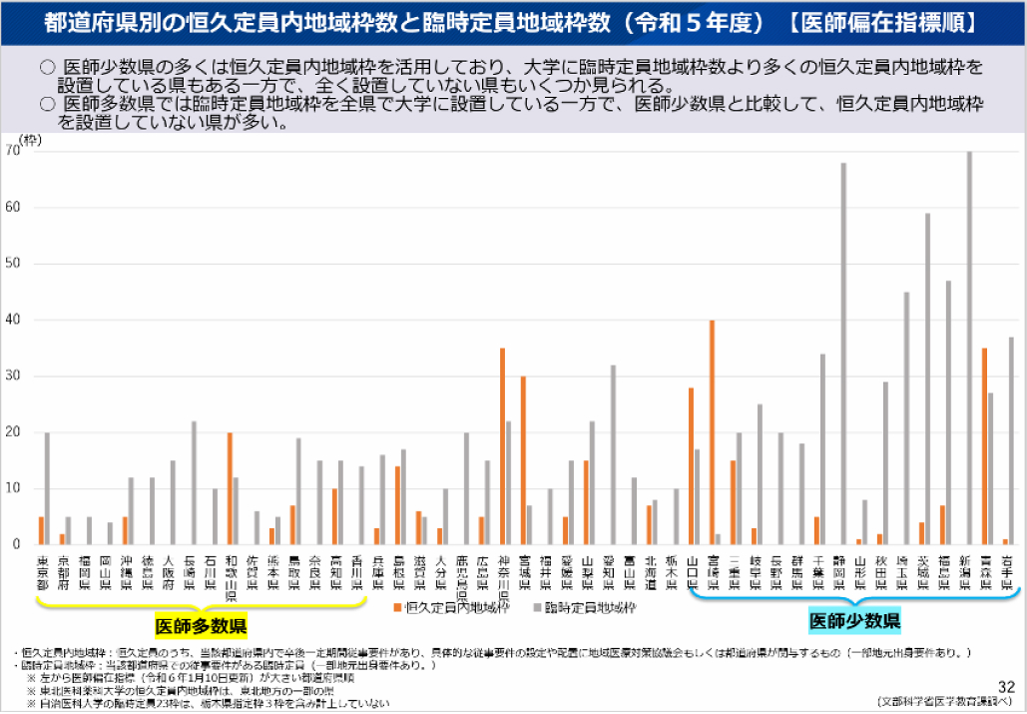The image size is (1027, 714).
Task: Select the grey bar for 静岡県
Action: point(843,354)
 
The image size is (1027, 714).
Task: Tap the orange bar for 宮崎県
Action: point(712,432)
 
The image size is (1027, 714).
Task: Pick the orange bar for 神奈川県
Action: point(502,446)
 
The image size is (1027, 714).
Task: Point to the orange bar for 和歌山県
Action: point(230,488)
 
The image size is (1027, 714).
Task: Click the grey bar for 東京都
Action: point(47,488)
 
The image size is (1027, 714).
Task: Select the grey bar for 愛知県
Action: point(613,454)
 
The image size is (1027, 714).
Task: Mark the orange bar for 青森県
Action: point(984,446)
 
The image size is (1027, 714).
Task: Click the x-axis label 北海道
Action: point(650,576)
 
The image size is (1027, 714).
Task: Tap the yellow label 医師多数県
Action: point(201,626)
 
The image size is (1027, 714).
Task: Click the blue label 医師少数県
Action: point(855,621)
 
